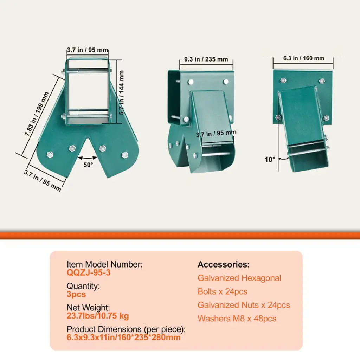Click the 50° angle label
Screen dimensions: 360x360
click(88, 165)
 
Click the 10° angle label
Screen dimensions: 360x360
click(270, 159)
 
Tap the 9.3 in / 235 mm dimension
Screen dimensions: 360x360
click(206, 59)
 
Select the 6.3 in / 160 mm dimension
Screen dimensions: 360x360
click(303, 58)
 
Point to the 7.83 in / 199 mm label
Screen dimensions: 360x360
click(37, 114)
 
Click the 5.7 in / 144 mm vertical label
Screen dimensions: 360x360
click(121, 92)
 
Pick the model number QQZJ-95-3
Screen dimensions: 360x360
click(88, 272)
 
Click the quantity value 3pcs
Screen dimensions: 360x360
click(76, 294)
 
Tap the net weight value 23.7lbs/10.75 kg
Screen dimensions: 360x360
click(98, 316)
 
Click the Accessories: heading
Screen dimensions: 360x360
click(224, 264)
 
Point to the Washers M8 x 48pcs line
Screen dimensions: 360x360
click(237, 319)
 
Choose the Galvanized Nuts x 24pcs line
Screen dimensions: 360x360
click(244, 305)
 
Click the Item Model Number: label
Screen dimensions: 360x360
click(104, 264)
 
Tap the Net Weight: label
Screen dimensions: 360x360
click(88, 308)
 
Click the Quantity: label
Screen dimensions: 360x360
click(83, 286)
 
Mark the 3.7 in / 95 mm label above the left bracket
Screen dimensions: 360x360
click(88, 50)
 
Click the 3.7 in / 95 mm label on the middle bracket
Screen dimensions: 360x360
click(216, 133)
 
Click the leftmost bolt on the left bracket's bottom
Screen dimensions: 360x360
click(50, 154)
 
